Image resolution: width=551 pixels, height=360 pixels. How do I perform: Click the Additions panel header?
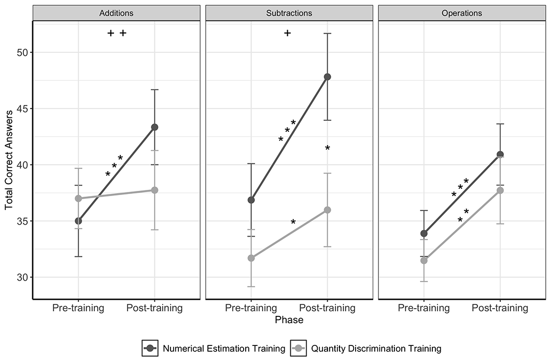[x=116, y=13]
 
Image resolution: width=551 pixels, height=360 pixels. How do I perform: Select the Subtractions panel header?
[x=289, y=13]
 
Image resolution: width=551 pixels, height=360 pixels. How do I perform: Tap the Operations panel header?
[x=462, y=13]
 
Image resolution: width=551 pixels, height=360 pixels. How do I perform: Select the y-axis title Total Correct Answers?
[x=9, y=160]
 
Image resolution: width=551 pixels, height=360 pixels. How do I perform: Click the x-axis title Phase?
[x=289, y=320]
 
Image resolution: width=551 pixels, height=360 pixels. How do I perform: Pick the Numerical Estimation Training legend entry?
[x=214, y=349]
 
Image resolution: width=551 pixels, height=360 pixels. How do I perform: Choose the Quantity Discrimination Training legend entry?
[x=366, y=349]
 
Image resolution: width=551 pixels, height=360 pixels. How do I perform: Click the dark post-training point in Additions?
[x=154, y=127]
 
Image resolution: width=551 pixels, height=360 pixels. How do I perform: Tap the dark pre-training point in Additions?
[x=78, y=221]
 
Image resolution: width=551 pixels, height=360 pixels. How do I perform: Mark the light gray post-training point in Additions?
[x=154, y=190]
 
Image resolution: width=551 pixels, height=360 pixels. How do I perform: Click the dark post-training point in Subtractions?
[x=327, y=77]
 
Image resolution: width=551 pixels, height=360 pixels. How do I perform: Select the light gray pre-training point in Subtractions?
[x=251, y=258]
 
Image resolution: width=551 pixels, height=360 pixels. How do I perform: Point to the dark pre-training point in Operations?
[x=424, y=233]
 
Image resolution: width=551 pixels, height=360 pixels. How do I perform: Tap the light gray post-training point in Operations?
[x=500, y=190]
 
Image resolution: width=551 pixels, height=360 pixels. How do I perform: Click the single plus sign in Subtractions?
[x=288, y=33]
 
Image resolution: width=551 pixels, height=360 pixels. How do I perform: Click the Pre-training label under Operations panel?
[x=424, y=308]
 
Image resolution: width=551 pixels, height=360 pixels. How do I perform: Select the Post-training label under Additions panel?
[x=154, y=308]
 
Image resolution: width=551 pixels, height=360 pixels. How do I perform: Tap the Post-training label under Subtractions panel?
[x=327, y=308]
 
